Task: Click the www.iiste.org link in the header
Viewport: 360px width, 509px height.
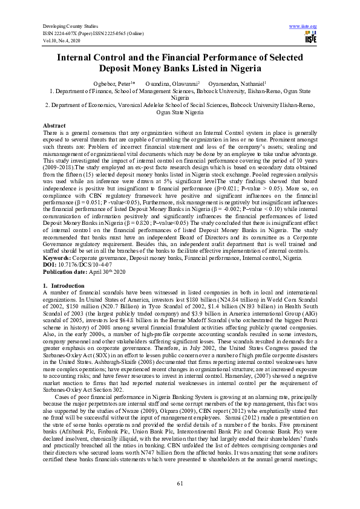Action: tap(304, 27)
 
